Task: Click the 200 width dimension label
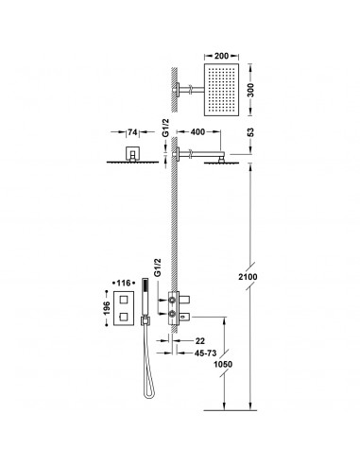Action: tap(221, 56)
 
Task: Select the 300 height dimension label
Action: tap(250, 91)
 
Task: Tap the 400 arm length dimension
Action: tap(198, 132)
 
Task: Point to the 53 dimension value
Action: tap(250, 132)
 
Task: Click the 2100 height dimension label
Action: tap(248, 277)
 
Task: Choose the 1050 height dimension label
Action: tap(223, 364)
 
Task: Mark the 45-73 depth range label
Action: tap(205, 353)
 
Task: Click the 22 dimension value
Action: tap(200, 341)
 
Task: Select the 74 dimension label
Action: tap(132, 132)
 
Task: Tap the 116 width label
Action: tap(124, 284)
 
